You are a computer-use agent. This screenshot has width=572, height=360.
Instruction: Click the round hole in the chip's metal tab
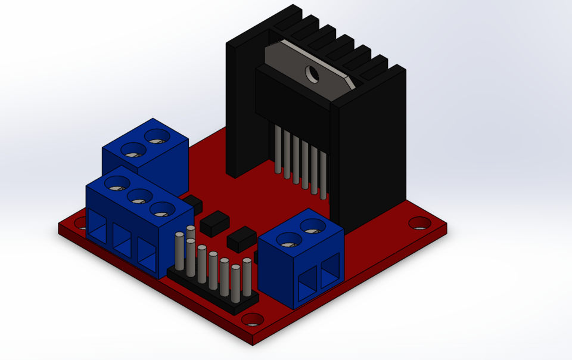(x=312, y=74)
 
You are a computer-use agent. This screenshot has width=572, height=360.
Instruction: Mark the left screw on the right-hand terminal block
(x=290, y=240)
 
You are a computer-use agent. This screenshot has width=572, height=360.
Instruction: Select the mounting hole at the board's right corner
(x=420, y=224)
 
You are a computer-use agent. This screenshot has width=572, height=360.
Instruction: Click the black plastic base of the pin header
(x=214, y=294)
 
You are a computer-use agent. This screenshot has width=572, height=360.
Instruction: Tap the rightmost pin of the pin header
(x=247, y=277)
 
